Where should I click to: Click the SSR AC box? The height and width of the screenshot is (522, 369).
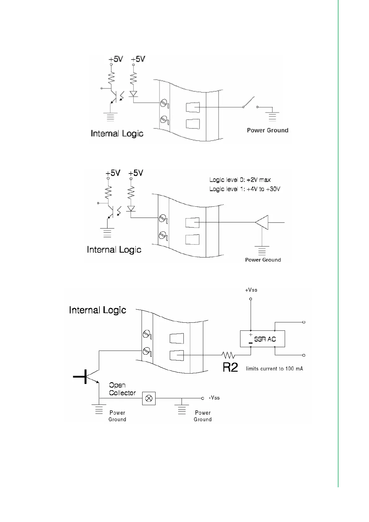click(262, 339)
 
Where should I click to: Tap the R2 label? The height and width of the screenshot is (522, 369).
click(230, 368)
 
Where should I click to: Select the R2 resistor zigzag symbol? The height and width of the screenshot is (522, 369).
click(228, 355)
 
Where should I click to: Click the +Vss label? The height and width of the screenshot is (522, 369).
click(251, 290)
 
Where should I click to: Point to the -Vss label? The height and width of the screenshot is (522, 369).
click(214, 398)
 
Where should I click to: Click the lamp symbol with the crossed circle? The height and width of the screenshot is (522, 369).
click(149, 398)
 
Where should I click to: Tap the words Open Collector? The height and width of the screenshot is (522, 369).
click(122, 389)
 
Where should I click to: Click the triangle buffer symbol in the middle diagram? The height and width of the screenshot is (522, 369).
click(262, 222)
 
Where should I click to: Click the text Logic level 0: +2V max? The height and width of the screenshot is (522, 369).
click(240, 180)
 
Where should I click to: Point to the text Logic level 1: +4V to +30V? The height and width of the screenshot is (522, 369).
click(245, 189)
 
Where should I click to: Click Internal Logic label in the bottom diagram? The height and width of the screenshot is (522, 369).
click(98, 310)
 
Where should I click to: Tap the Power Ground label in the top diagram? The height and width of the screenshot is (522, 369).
click(267, 130)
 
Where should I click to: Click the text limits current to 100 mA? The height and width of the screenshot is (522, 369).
click(274, 369)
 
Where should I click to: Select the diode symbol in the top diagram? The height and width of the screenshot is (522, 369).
click(134, 93)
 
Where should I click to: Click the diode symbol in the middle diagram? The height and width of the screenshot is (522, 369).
click(131, 209)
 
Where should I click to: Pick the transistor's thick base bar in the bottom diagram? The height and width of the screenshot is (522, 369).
click(85, 377)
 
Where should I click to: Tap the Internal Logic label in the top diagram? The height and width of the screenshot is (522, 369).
click(117, 134)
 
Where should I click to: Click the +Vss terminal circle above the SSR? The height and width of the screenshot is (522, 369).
click(251, 299)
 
